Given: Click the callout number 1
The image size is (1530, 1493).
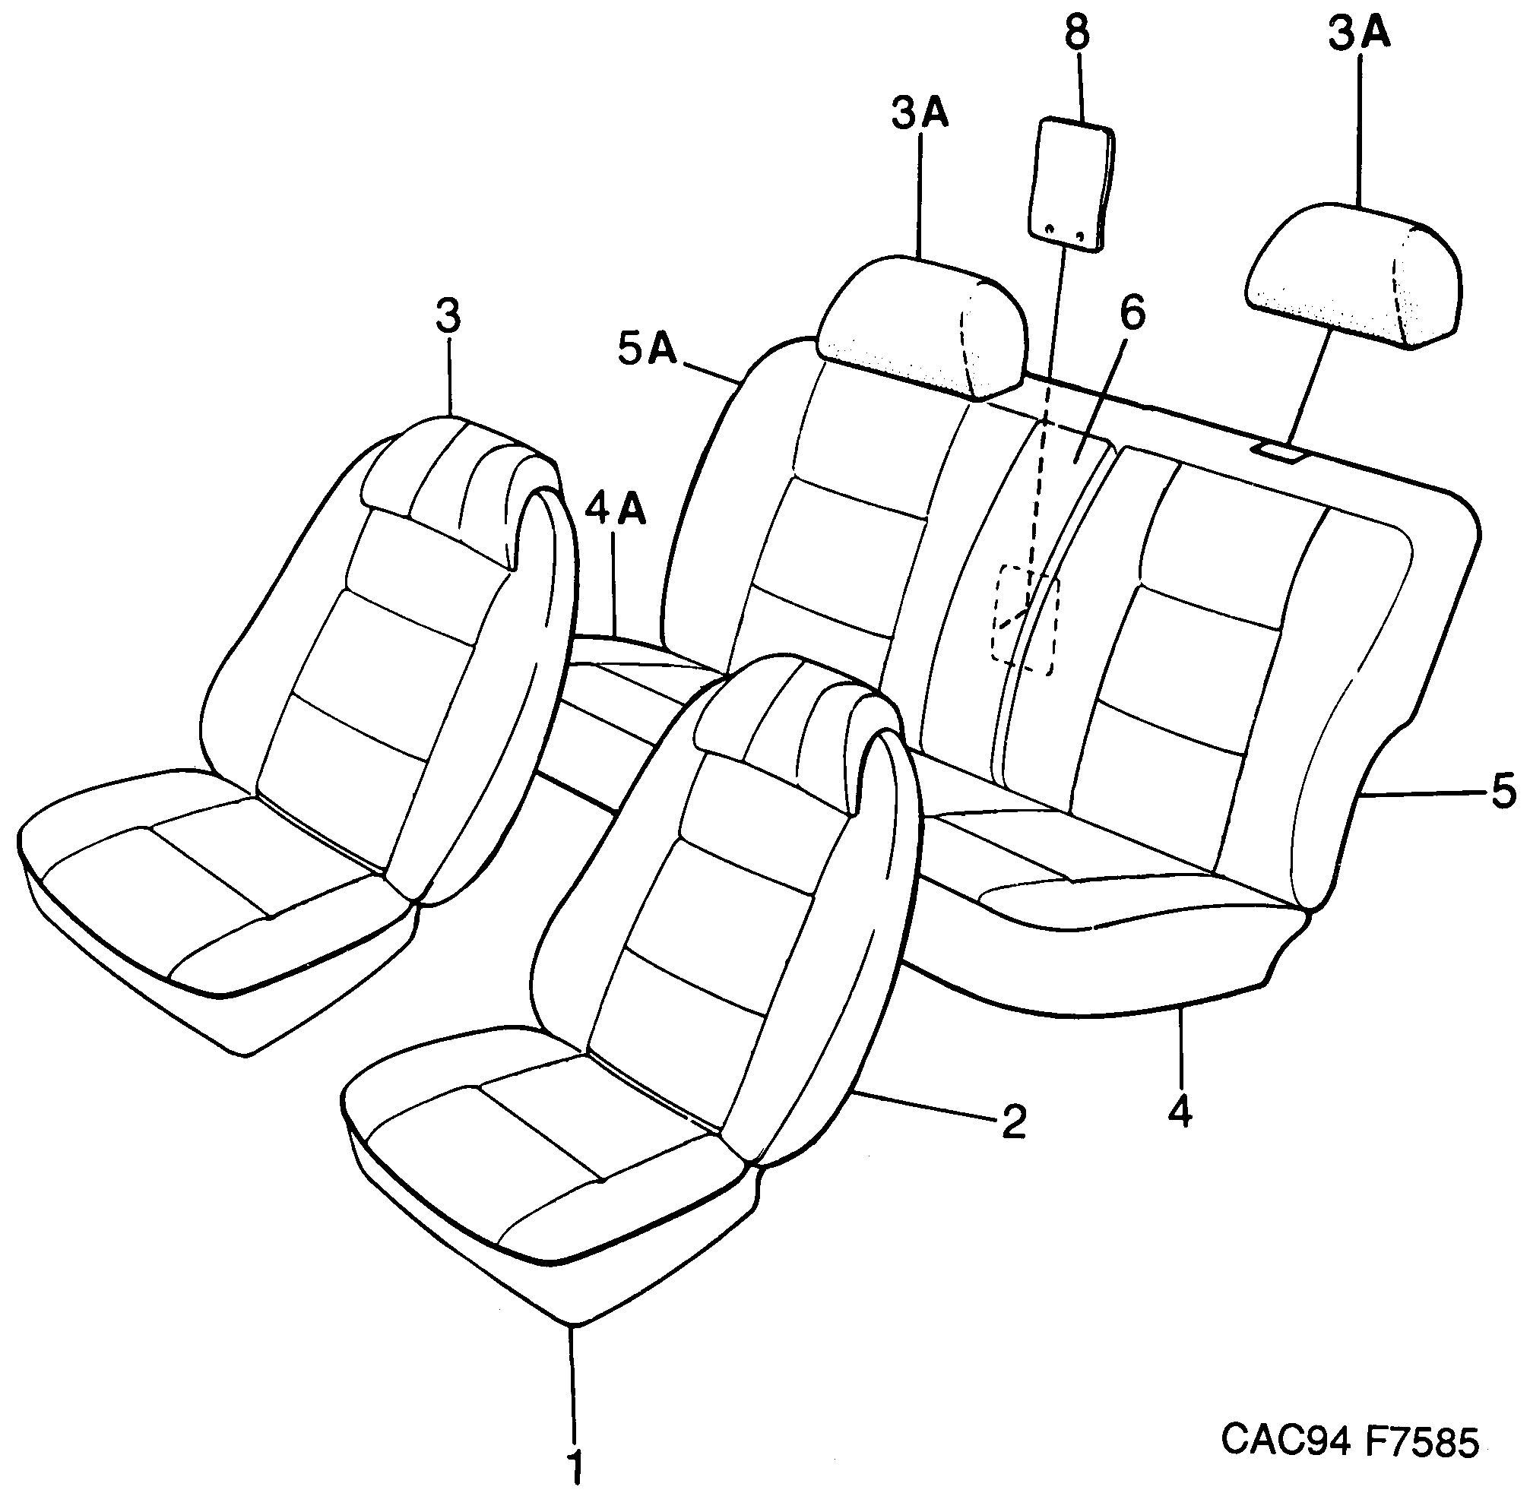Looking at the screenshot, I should (575, 1461).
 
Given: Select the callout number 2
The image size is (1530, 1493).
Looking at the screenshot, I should (1012, 1122).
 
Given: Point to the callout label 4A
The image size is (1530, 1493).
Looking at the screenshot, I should (616, 511).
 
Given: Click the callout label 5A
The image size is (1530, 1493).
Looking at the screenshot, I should (647, 350).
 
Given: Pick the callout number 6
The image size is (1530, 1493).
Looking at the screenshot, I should (1132, 313).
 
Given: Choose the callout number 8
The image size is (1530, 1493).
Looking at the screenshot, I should (1078, 33).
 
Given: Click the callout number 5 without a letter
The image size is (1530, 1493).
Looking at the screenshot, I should (1503, 791).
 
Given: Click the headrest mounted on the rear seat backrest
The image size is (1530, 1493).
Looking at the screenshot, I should (920, 324).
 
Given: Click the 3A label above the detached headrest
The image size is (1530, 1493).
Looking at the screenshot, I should (1359, 34).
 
